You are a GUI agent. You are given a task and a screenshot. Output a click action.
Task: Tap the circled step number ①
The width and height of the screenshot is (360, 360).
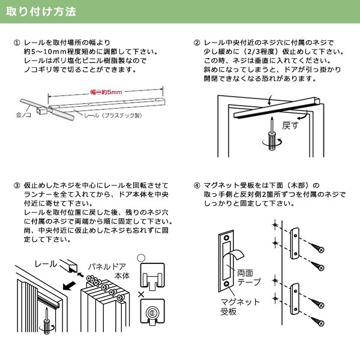pos(17,43)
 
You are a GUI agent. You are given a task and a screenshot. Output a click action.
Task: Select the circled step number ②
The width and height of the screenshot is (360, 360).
pos(197,43)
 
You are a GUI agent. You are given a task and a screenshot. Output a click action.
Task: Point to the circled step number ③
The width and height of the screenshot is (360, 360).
pos(17,185)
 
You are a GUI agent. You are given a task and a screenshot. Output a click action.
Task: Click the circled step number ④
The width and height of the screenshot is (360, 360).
pos(197,185)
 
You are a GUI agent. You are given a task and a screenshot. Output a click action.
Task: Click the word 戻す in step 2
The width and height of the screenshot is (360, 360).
pos(290,127)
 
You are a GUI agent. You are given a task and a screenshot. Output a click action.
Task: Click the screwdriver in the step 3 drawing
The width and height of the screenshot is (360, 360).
pos(46,322)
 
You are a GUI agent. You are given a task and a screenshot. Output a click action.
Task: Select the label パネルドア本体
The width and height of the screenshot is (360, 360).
pos(108,269)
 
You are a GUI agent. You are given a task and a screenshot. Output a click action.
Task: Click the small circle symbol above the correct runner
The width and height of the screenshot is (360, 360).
pos(142,258)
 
